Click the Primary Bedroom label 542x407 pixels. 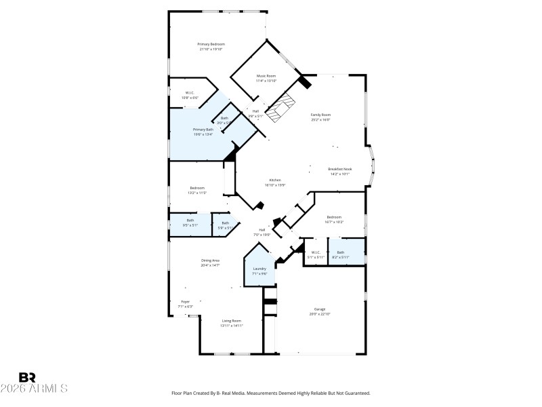(x=211, y=44)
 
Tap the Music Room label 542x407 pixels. (x=266, y=76)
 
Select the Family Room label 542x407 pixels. (x=320, y=115)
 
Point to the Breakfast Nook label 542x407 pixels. (x=339, y=169)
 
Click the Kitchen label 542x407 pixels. (x=274, y=180)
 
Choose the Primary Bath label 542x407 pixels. (x=203, y=130)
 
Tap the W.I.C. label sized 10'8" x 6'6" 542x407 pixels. (x=190, y=93)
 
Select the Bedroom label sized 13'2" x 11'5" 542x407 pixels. (x=197, y=188)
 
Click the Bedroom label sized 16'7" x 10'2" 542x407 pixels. (x=334, y=217)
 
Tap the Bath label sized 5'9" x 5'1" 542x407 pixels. (x=225, y=223)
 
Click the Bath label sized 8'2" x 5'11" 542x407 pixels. (x=341, y=252)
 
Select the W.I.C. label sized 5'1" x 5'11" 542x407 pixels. (x=316, y=252)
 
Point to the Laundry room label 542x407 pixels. (x=259, y=269)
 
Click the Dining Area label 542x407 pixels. (x=210, y=260)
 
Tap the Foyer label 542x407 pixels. (x=185, y=302)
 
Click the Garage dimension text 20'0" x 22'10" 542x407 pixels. (x=320, y=315)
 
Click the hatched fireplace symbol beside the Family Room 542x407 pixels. (x=280, y=109)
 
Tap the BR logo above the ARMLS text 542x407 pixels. (x=28, y=376)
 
